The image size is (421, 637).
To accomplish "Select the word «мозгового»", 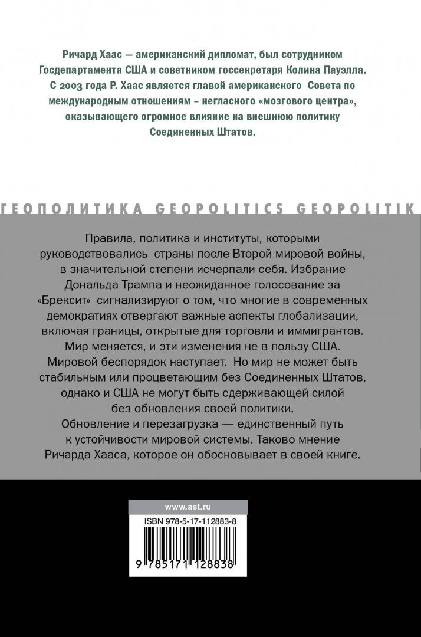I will [277, 101].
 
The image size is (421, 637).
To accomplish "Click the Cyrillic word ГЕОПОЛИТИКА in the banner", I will [72, 208].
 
